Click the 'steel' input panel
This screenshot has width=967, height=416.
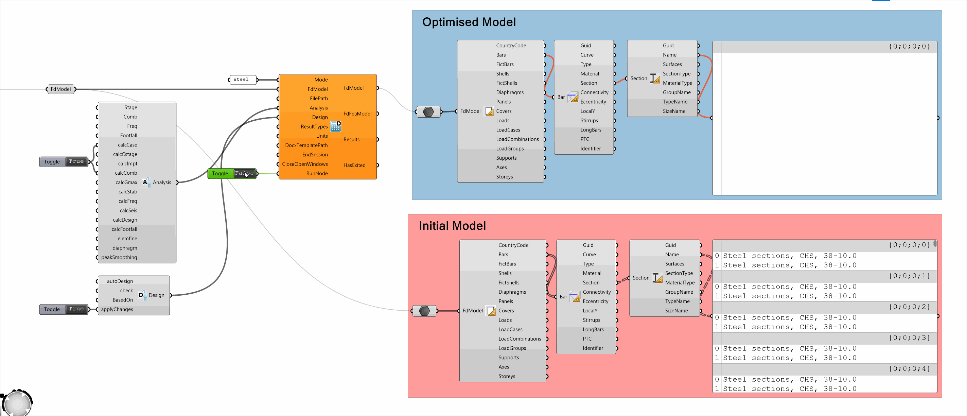tap(243, 80)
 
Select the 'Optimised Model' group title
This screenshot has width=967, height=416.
tap(469, 22)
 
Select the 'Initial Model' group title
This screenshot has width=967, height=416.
tap(452, 226)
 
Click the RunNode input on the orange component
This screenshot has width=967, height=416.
tap(317, 173)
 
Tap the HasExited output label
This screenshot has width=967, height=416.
tap(354, 165)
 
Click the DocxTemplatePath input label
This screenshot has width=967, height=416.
tap(306, 145)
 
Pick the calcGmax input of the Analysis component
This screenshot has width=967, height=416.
tap(126, 183)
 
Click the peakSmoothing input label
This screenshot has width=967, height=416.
tap(119, 258)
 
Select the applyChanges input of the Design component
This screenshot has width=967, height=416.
tap(117, 309)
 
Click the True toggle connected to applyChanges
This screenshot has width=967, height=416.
tap(76, 309)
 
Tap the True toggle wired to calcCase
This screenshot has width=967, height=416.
tap(76, 162)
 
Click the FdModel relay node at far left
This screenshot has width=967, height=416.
tap(61, 89)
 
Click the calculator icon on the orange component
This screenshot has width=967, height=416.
tap(336, 126)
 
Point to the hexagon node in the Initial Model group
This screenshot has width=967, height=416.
tap(424, 311)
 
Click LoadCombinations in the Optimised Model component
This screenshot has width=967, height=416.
tap(517, 139)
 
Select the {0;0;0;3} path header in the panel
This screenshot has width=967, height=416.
tap(909, 338)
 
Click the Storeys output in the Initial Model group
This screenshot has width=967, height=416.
tap(506, 376)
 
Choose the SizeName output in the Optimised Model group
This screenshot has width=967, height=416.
tap(674, 111)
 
